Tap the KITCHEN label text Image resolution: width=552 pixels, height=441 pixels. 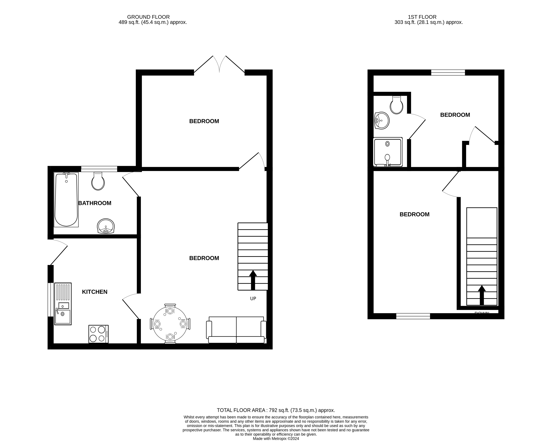click(94, 292)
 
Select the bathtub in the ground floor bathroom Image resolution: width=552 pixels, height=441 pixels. click(66, 200)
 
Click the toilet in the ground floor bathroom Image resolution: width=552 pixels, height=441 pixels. click(98, 181)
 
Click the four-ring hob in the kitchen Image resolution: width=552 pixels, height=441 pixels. click(98, 334)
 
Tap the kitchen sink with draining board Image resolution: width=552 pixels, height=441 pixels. click(63, 304)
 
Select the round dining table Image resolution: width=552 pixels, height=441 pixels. click(170, 324)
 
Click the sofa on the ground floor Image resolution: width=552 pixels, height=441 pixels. click(236, 330)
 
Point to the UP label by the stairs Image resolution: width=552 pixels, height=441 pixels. click(253, 299)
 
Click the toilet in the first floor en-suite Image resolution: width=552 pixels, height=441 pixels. click(396, 105)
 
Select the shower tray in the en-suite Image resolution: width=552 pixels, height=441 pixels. click(388, 152)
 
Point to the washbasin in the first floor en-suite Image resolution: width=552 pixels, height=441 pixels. click(382, 120)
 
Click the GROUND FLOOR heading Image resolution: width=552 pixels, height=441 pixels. click(148, 17)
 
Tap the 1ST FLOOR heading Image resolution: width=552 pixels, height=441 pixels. click(422, 17)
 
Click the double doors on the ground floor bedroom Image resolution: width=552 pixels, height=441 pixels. click(219, 65)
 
